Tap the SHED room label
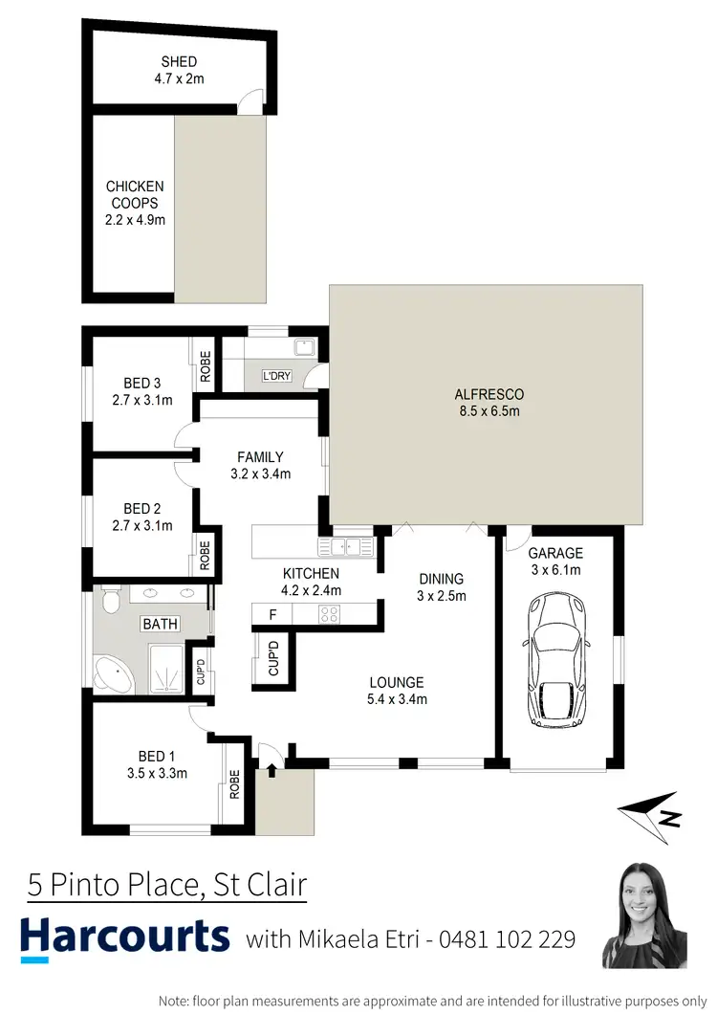pyautogui.click(x=179, y=62)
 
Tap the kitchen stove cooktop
pyautogui.click(x=329, y=613)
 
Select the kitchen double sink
pyautogui.click(x=347, y=546)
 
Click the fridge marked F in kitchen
pyautogui.click(x=273, y=613)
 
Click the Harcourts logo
pyautogui.click(x=125, y=937)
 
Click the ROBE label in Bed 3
pyautogui.click(x=205, y=366)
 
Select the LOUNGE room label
pyautogui.click(x=398, y=682)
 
